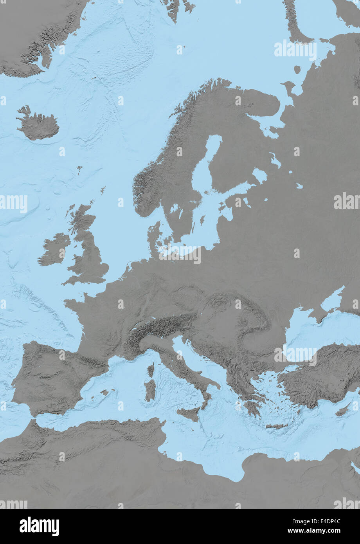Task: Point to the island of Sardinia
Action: (150, 390)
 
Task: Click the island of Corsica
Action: (151, 370)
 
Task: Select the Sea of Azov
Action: (333, 301)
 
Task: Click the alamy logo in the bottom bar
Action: (39, 526)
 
